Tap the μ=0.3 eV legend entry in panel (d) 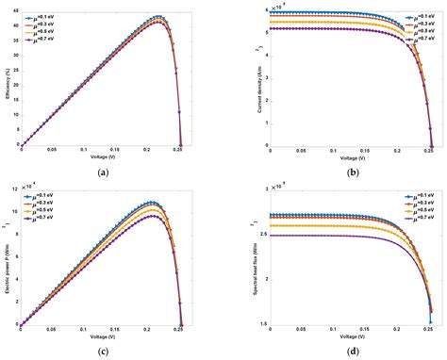click(x=418, y=197)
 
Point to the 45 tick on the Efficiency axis click(x=14, y=12)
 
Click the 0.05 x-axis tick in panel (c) click(x=52, y=329)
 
